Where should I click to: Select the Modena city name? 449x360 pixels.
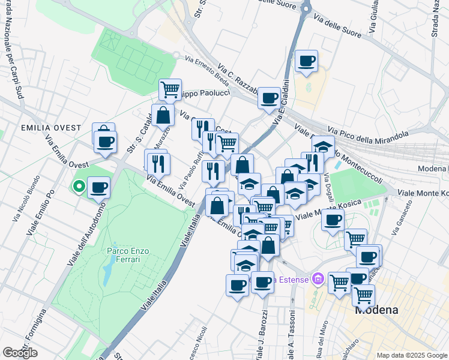click(x=376, y=310)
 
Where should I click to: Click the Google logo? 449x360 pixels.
click(x=20, y=353)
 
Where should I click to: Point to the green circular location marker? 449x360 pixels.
click(x=78, y=187)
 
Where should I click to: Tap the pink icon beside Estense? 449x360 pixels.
click(x=318, y=280)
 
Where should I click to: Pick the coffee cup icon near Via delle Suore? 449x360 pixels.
click(x=306, y=61)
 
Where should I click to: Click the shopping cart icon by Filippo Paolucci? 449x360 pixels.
click(x=170, y=89)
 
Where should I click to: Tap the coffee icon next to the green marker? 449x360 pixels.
click(x=99, y=187)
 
